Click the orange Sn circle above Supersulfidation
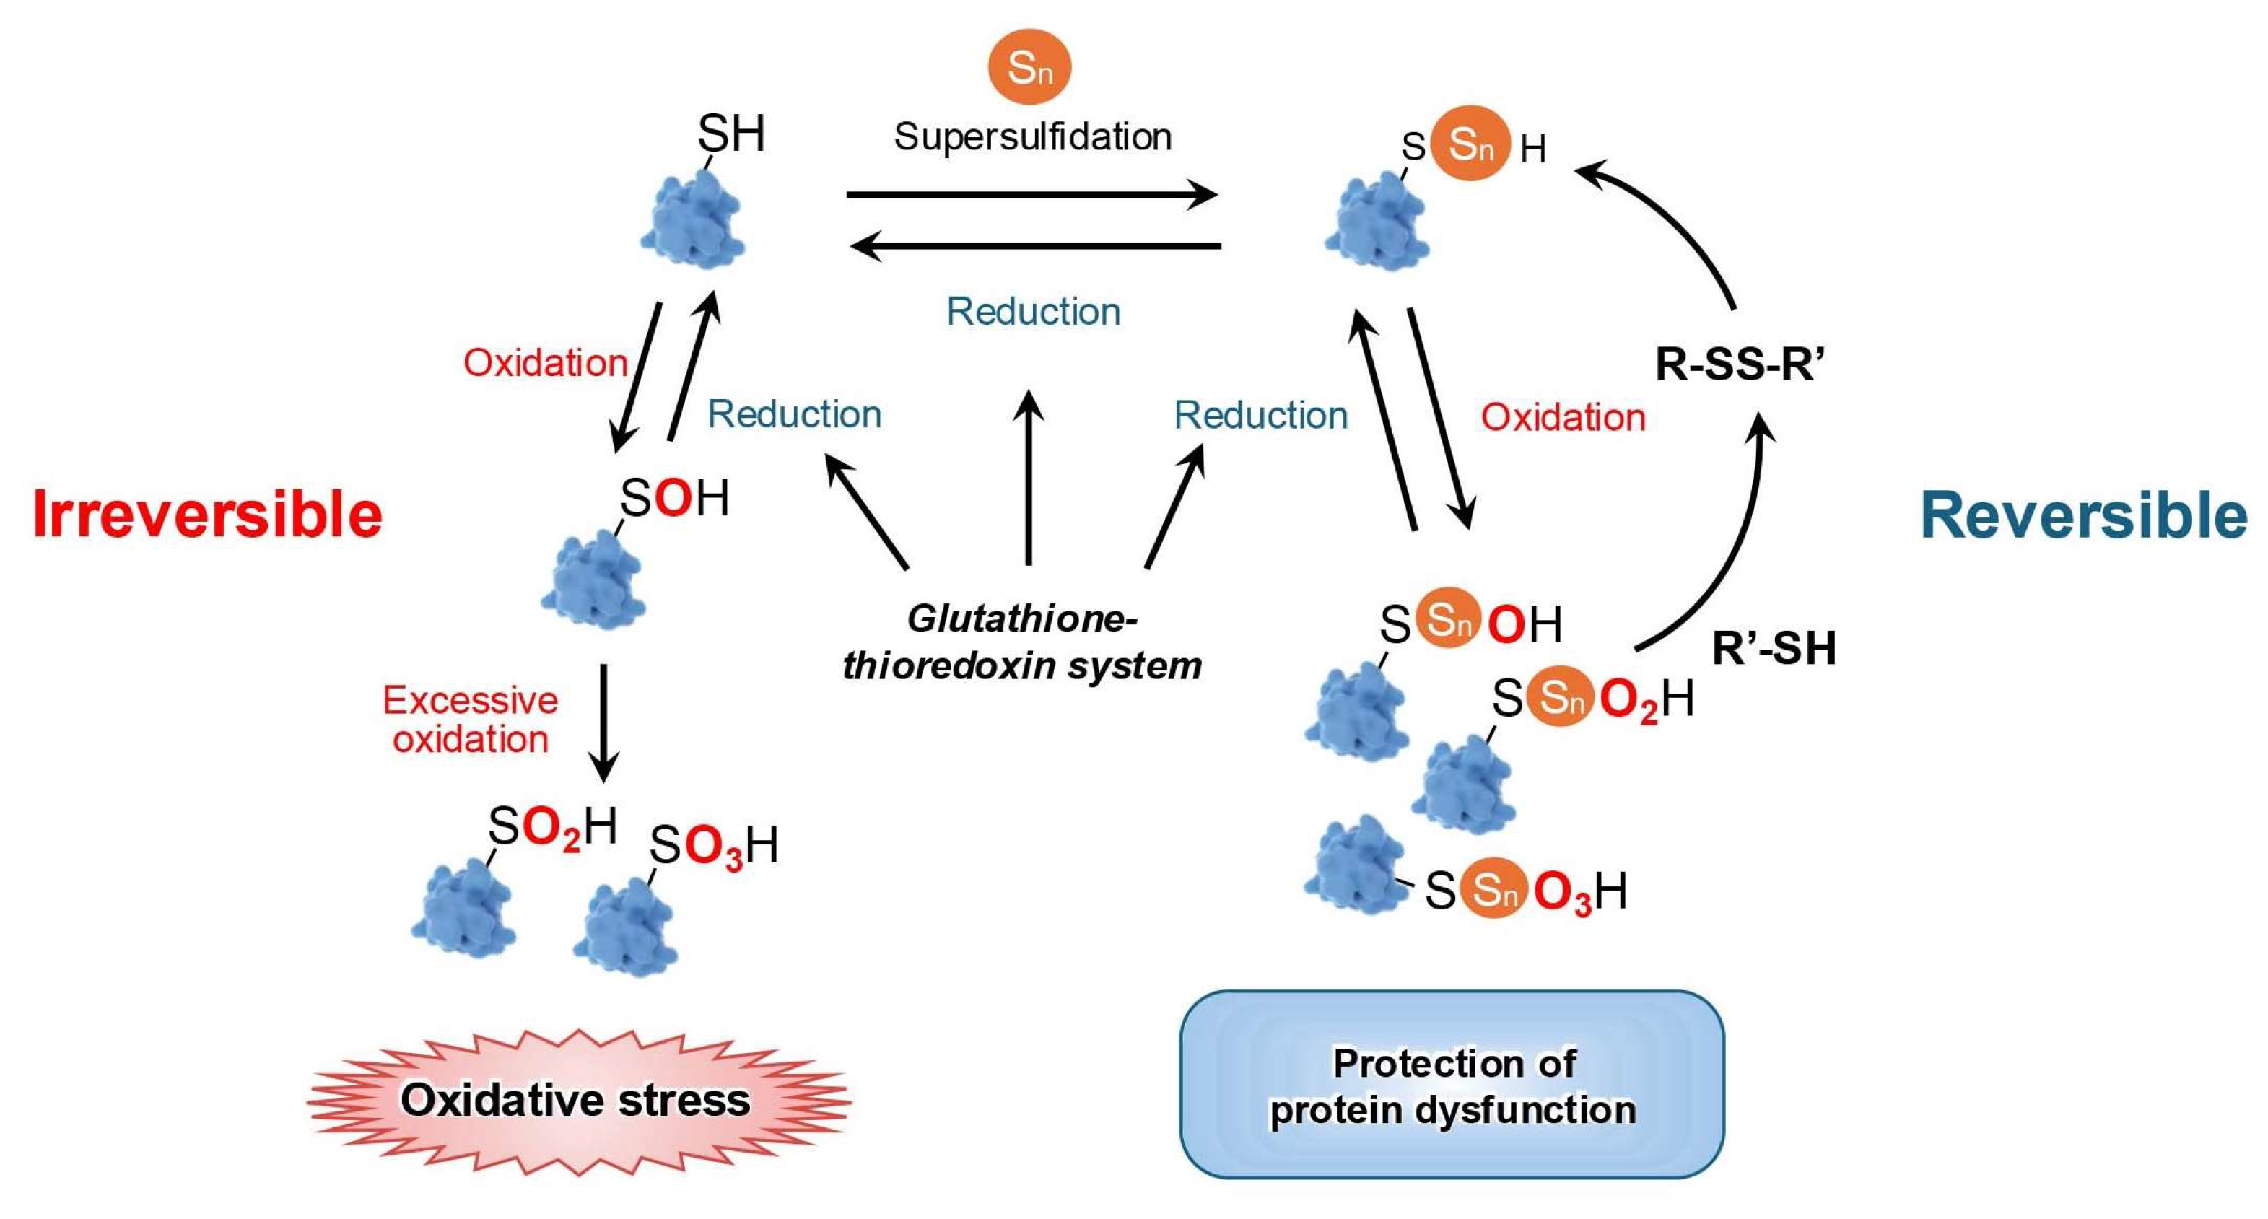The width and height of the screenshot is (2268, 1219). [x=1029, y=67]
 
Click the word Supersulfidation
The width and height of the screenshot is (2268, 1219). [x=1032, y=136]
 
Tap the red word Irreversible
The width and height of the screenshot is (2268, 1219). [x=207, y=514]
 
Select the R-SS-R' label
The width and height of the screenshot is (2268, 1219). [x=1740, y=364]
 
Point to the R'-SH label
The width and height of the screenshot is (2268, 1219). [x=1774, y=648]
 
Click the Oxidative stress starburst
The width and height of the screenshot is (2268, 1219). [x=576, y=1100]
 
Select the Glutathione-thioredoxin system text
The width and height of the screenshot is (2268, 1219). [x=1021, y=642]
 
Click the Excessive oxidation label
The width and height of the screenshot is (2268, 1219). [x=470, y=719]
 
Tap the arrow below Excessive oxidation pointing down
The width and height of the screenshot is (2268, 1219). [x=604, y=722]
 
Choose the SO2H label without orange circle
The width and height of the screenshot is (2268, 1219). [x=552, y=827]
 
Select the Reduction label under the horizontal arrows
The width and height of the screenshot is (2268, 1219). [x=1033, y=312]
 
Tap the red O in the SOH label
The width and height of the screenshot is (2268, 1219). [x=673, y=498]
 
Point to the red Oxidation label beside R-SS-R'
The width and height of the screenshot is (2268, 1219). [x=1563, y=417]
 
